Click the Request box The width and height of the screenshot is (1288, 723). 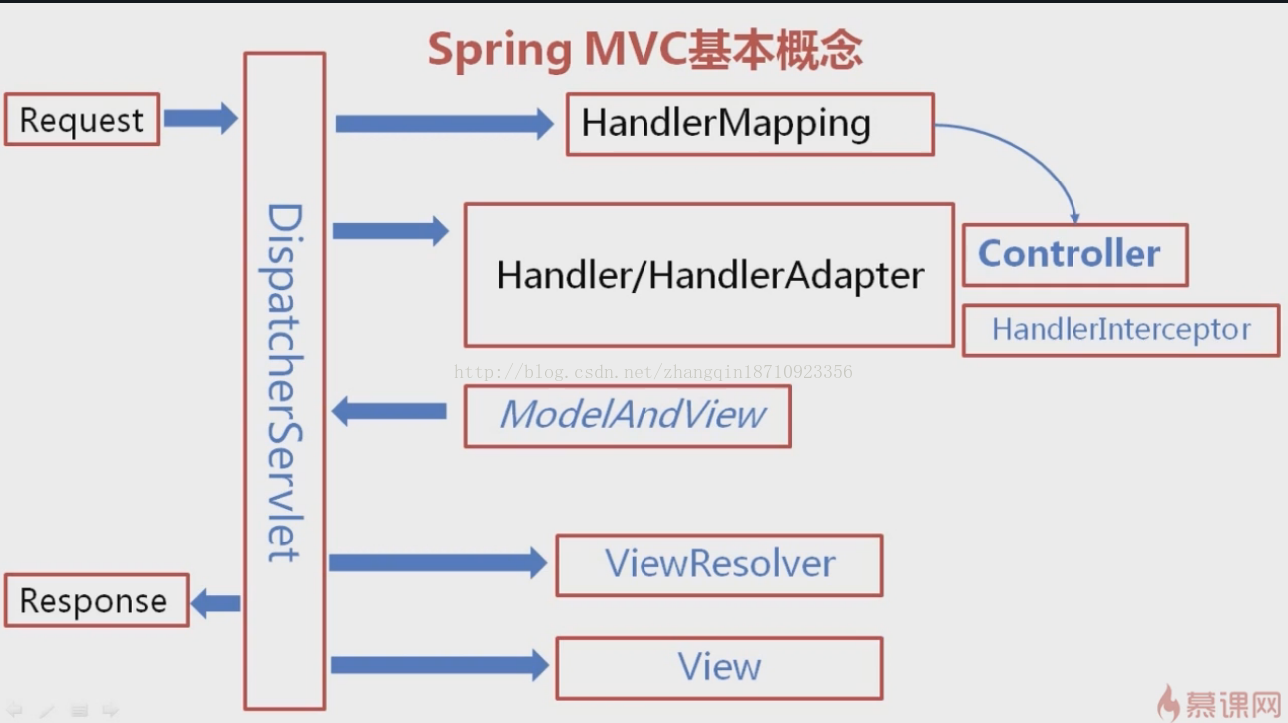tap(82, 119)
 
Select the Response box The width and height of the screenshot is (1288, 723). tap(97, 600)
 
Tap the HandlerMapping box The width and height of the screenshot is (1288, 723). tap(750, 124)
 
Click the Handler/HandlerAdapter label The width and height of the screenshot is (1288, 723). tap(710, 275)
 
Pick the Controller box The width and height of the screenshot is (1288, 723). tap(1075, 255)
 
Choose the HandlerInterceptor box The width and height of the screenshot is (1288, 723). tap(1120, 330)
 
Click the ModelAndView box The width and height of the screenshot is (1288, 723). tap(628, 416)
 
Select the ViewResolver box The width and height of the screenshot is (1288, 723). tap(719, 565)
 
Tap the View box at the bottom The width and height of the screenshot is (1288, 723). tap(719, 668)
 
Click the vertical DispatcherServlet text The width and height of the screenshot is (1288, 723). tap(285, 383)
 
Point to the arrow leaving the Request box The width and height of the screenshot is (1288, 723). tap(201, 119)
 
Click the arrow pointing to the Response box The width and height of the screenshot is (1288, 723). tap(215, 603)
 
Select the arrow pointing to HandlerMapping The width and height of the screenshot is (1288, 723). tap(445, 124)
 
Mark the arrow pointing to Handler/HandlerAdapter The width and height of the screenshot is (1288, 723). tap(391, 231)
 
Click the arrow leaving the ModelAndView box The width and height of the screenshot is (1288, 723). tap(389, 411)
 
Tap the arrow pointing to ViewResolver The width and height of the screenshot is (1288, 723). tap(438, 563)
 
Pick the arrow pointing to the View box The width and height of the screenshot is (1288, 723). tap(440, 665)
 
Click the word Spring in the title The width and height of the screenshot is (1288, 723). tap(500, 51)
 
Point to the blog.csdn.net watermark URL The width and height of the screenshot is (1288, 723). tap(653, 372)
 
